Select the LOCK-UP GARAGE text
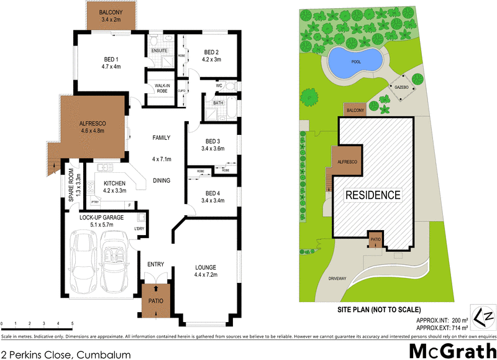pos(102,218)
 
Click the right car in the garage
pos(117,261)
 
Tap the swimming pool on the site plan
pos(354,61)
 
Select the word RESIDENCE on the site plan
pos(373,195)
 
